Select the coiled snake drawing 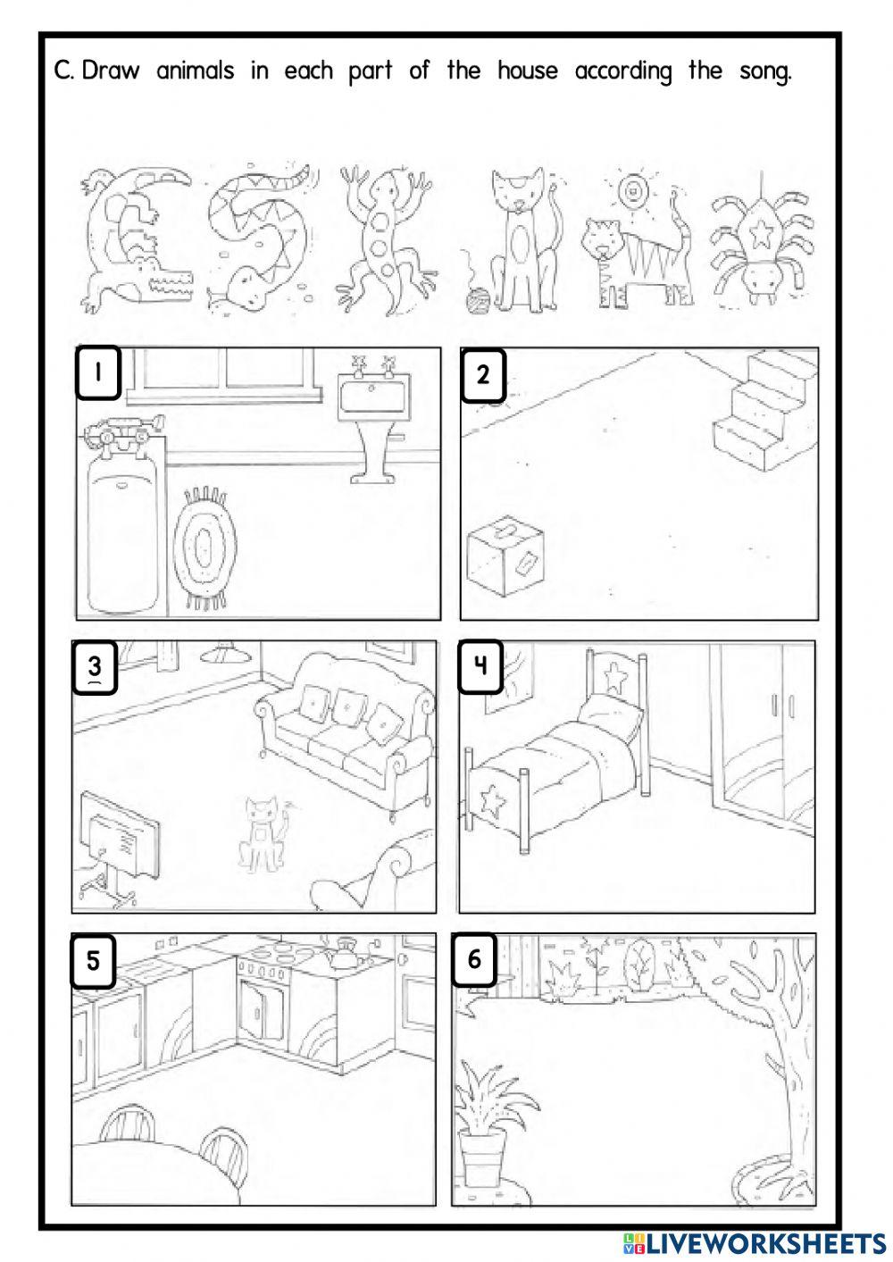click(259, 237)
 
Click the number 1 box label click(98, 373)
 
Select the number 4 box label click(480, 665)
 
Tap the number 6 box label click(473, 960)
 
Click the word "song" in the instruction click(765, 71)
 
